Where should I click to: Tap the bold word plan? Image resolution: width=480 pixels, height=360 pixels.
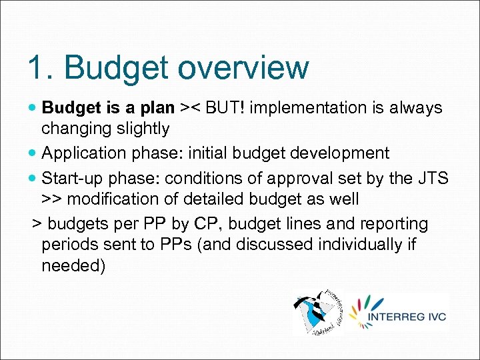point(155,108)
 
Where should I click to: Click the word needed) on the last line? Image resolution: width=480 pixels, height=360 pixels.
point(73,266)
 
